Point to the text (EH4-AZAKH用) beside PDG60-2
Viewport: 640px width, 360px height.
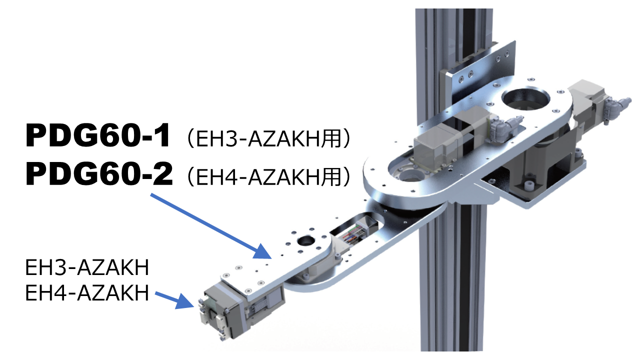click(268, 177)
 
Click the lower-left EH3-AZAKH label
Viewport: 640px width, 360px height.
click(87, 268)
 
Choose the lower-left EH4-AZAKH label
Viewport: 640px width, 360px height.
click(87, 292)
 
